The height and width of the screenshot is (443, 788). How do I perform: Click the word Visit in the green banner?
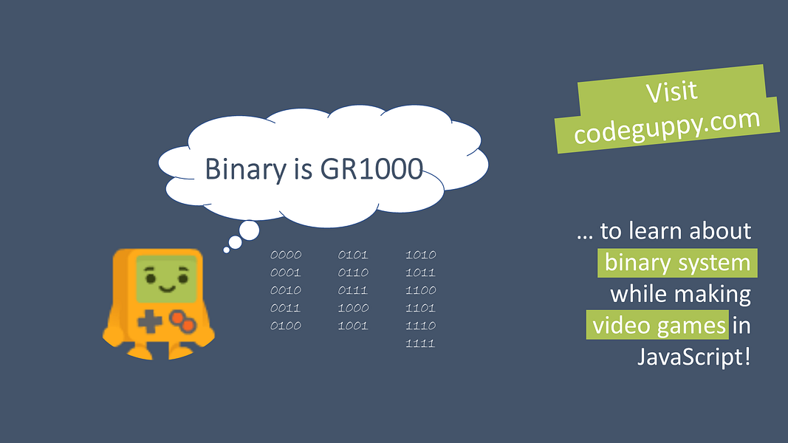click(x=671, y=92)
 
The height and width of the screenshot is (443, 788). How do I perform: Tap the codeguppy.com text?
click(x=667, y=126)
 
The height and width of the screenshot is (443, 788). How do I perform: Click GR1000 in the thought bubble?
click(x=371, y=169)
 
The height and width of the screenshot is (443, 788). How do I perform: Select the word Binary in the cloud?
click(x=246, y=170)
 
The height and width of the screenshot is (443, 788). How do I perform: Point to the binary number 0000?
click(x=286, y=255)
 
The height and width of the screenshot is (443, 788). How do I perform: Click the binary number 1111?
click(x=420, y=343)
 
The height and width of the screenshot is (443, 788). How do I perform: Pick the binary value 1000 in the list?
click(x=353, y=308)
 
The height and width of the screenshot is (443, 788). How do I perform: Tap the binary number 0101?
click(x=353, y=255)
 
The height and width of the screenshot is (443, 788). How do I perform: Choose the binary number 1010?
click(x=421, y=255)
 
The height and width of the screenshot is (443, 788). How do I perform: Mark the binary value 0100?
click(x=286, y=326)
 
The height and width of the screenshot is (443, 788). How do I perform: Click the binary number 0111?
click(x=353, y=290)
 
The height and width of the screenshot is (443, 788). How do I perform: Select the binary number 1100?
click(x=421, y=290)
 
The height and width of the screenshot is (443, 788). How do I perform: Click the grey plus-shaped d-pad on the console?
click(x=149, y=321)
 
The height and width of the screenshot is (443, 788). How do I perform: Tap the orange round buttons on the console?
click(x=182, y=321)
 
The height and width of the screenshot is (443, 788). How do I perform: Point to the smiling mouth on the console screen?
click(x=167, y=289)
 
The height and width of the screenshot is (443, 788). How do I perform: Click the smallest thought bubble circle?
click(x=227, y=250)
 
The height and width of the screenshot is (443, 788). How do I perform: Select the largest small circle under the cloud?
click(x=250, y=231)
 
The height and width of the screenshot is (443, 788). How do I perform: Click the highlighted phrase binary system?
click(x=677, y=263)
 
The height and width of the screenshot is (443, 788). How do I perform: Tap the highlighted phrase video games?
click(x=657, y=325)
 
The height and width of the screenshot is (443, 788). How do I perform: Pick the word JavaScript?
click(x=694, y=357)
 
